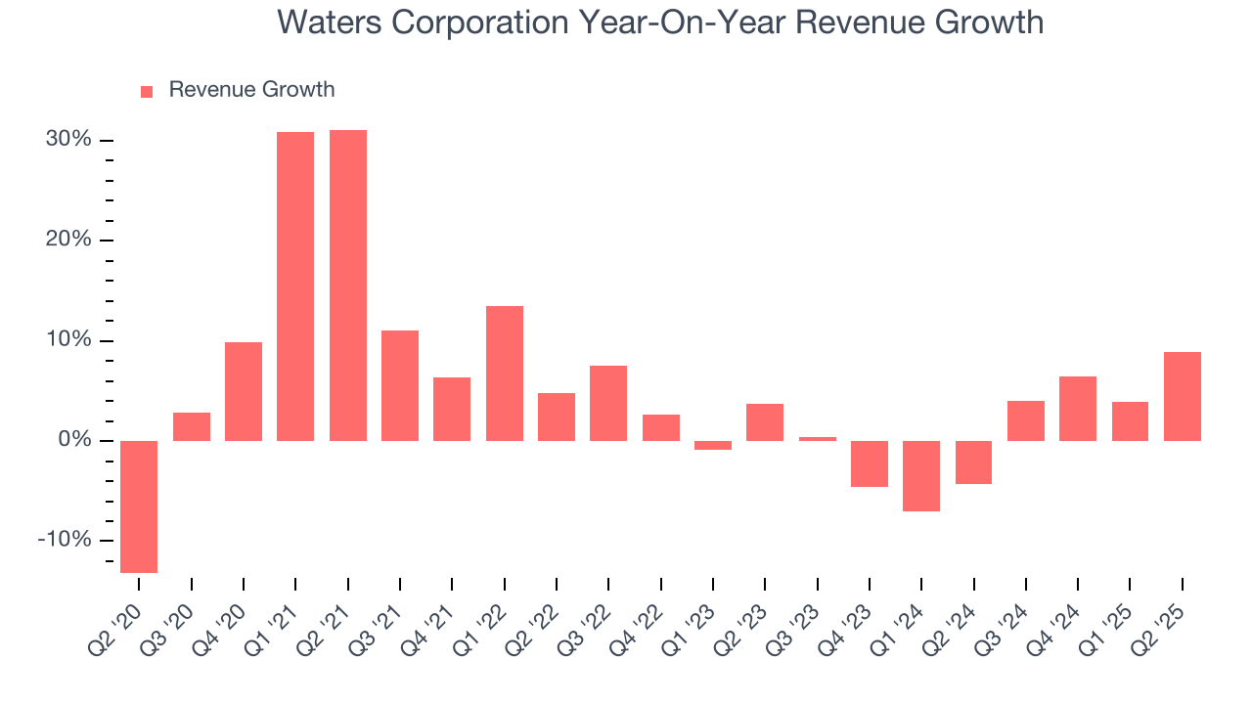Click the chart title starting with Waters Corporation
pyautogui.click(x=660, y=22)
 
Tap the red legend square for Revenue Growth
pyautogui.click(x=147, y=91)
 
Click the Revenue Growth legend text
pyautogui.click(x=251, y=90)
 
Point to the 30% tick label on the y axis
pyautogui.click(x=68, y=140)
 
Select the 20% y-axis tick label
pyautogui.click(x=68, y=241)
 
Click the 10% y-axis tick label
pyautogui.click(x=68, y=340)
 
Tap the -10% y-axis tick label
pyautogui.click(x=65, y=541)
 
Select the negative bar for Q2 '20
pyautogui.click(x=139, y=506)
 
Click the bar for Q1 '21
pyautogui.click(x=295, y=286)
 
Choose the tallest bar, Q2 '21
pyautogui.click(x=348, y=286)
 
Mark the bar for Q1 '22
pyautogui.click(x=505, y=374)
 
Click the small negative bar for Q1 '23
pyautogui.click(x=713, y=445)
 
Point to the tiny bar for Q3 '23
pyautogui.click(x=818, y=439)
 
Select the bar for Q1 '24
pyautogui.click(x=921, y=476)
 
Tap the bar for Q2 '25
pyautogui.click(x=1183, y=396)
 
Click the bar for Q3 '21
pyautogui.click(x=400, y=385)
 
